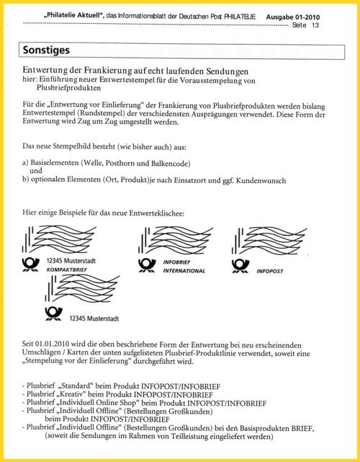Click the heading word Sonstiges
coord(46,50)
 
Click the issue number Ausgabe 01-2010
coord(292,17)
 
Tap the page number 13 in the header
coord(315,25)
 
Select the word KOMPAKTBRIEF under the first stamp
coord(67,270)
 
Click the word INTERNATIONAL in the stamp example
coord(184,271)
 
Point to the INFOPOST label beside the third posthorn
coord(269,271)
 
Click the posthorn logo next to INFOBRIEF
coord(147,265)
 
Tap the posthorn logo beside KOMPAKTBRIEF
coord(31,265)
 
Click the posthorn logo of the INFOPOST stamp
coord(240,266)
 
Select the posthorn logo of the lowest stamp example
coord(53,314)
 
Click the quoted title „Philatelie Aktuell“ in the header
coord(74,16)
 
